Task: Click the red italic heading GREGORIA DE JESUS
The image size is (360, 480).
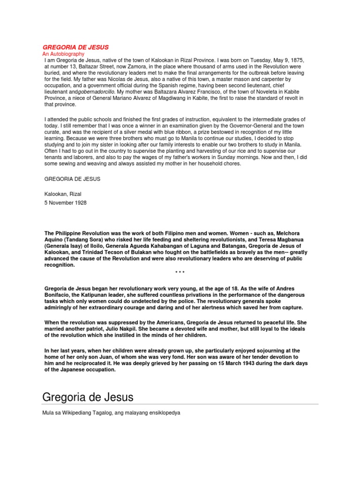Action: coord(76,47)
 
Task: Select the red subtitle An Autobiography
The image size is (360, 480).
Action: coord(63,54)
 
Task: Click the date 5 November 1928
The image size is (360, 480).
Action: coord(65,203)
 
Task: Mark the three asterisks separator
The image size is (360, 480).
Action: coord(180,272)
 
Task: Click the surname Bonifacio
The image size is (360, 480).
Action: coord(57,295)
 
